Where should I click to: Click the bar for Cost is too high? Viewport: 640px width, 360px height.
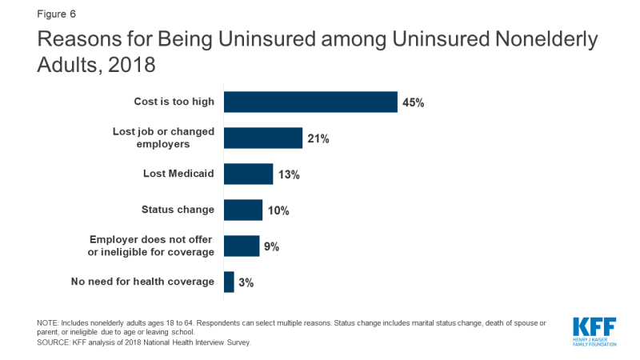click(310, 102)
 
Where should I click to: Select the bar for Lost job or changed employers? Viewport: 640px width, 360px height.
click(263, 138)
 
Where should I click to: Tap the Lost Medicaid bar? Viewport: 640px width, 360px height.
click(248, 174)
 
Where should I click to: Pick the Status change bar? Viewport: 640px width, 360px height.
click(243, 210)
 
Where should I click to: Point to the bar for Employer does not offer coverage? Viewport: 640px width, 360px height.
click(242, 246)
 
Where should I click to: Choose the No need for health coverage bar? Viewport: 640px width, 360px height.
click(229, 282)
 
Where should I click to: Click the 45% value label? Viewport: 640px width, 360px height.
click(413, 102)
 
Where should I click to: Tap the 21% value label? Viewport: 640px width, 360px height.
click(318, 138)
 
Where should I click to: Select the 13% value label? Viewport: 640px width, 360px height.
click(288, 174)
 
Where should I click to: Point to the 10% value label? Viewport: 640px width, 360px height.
click(278, 210)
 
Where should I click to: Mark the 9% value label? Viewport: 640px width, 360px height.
click(271, 246)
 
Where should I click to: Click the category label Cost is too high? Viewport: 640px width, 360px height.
click(174, 102)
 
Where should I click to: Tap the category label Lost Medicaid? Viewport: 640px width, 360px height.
click(178, 174)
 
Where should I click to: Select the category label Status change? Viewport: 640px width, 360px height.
click(178, 210)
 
